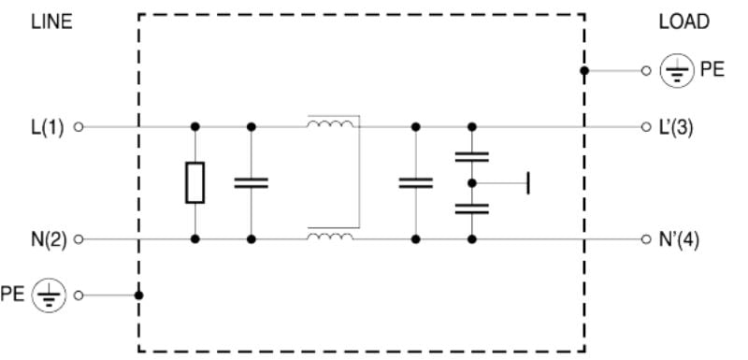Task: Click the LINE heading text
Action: (51, 22)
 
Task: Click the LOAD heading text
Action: (683, 22)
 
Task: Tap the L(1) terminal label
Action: (46, 126)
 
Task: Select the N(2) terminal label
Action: (46, 239)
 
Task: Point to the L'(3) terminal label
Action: (675, 126)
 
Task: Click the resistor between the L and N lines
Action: (194, 182)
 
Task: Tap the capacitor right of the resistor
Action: (251, 182)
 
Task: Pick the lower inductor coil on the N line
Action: (330, 236)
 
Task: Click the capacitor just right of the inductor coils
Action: (415, 182)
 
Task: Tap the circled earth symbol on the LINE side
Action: (45, 295)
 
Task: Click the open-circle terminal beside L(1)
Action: (79, 126)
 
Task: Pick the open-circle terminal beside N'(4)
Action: (646, 239)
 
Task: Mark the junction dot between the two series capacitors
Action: (472, 182)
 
